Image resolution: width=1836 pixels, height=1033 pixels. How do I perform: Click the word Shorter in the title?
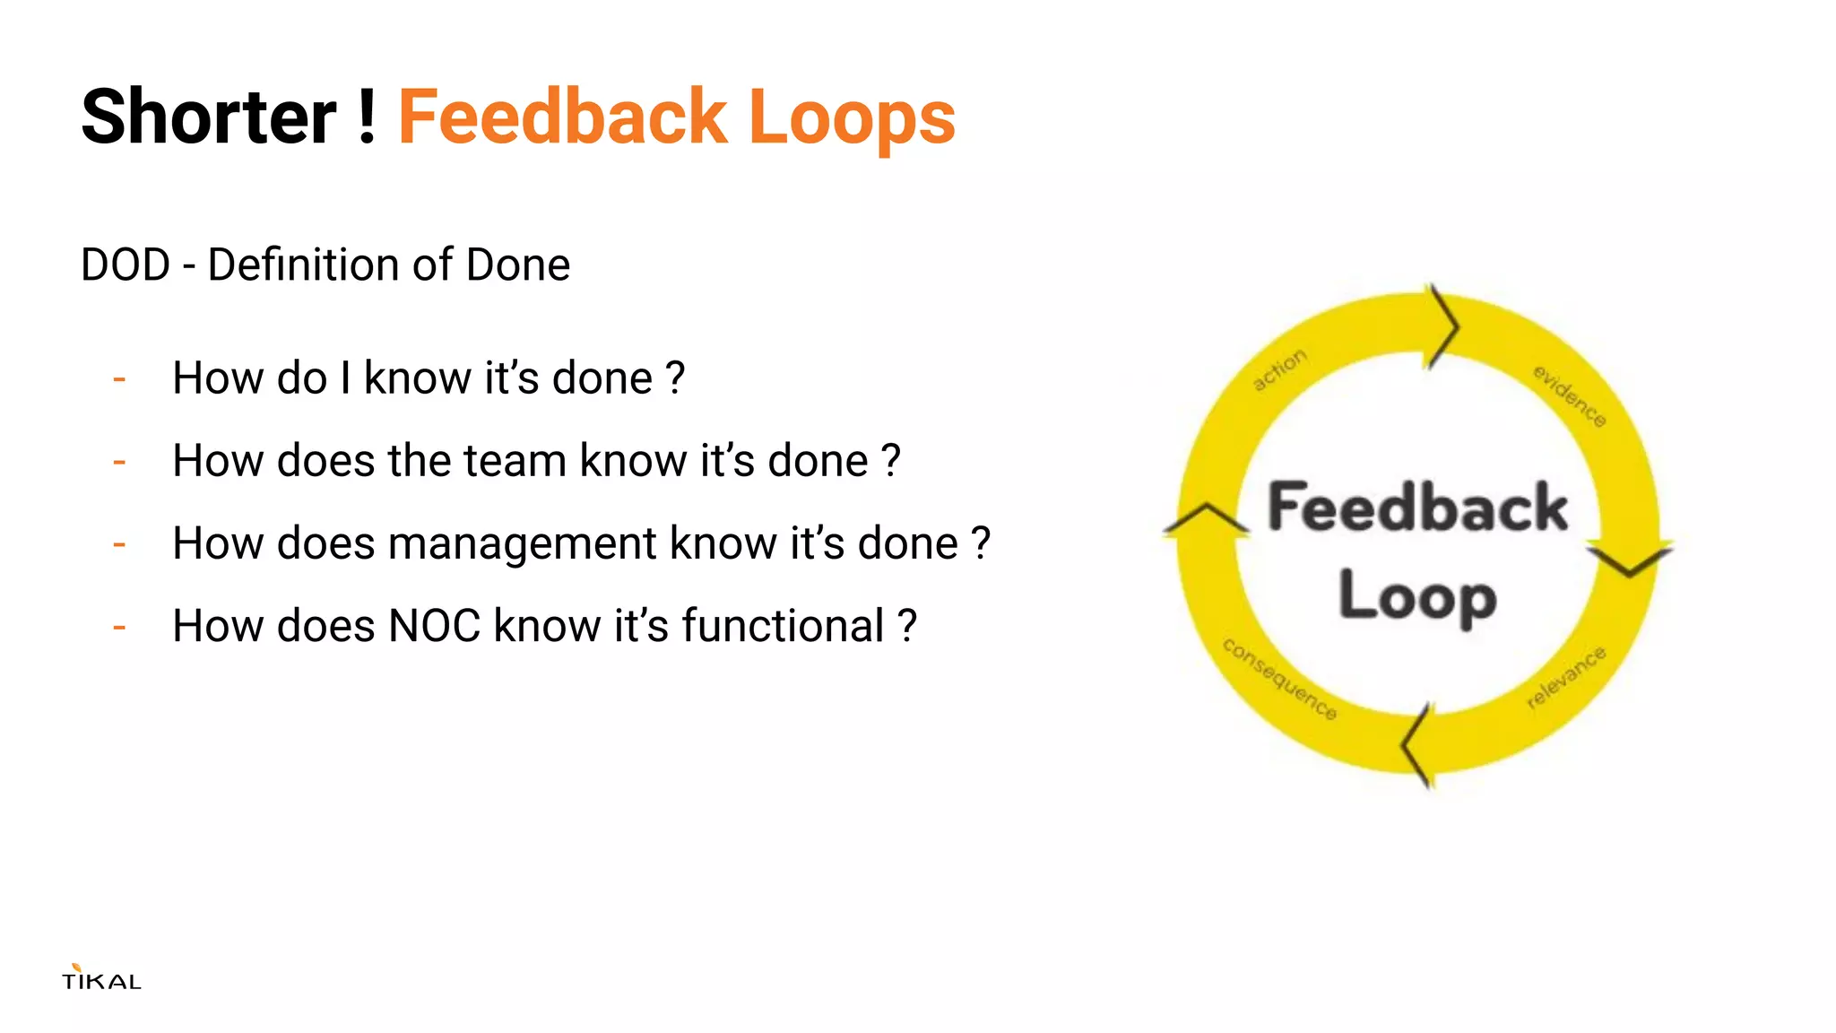(x=208, y=117)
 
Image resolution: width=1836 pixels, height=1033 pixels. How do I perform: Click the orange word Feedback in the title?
(x=562, y=117)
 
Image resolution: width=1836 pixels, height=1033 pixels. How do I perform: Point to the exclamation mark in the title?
(x=366, y=117)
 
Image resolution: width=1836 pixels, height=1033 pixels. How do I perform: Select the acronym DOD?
(x=126, y=265)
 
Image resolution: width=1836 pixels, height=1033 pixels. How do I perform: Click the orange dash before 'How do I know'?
(x=119, y=379)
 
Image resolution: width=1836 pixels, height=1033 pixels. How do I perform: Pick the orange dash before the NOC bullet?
(x=119, y=627)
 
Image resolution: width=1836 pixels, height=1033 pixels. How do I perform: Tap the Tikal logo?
(x=101, y=977)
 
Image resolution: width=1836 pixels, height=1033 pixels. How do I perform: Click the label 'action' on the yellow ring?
(x=1279, y=369)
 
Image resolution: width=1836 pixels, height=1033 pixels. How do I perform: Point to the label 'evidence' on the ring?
(x=1569, y=395)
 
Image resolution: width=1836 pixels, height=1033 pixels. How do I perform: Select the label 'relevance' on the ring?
(x=1566, y=677)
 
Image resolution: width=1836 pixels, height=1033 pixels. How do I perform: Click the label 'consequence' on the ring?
(x=1279, y=678)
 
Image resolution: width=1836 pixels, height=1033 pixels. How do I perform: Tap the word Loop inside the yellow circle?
(x=1417, y=596)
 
